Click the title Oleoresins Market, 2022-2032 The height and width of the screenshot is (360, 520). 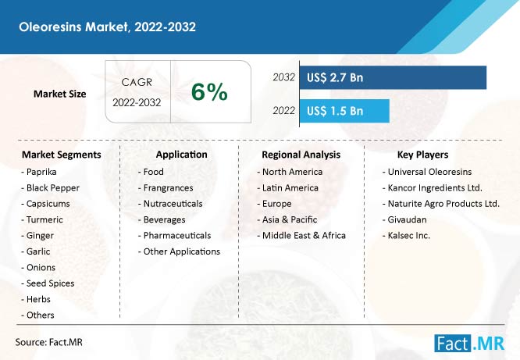tap(107, 27)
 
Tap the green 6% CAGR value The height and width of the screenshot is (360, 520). tap(209, 91)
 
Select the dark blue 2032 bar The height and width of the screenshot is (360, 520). tap(393, 77)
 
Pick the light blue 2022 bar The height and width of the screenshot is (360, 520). tap(344, 111)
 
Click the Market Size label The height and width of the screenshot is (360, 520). tap(59, 94)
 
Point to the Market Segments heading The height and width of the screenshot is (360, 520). tap(62, 155)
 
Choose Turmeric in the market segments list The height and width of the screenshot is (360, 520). tap(42, 219)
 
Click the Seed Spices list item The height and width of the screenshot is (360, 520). tap(48, 283)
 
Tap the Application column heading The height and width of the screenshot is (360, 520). tap(181, 155)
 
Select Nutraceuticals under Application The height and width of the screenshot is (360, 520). tap(170, 204)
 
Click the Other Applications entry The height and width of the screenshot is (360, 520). tap(179, 251)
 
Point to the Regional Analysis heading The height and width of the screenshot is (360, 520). tap(301, 155)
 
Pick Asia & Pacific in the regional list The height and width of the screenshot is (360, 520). tap(287, 219)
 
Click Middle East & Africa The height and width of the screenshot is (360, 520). tap(301, 236)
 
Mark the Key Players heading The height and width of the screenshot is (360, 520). tap(423, 155)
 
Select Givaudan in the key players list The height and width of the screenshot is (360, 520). tap(404, 219)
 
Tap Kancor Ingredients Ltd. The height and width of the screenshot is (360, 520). tap(433, 187)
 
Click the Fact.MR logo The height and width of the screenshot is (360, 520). tap(469, 344)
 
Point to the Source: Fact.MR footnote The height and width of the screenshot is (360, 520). tap(48, 342)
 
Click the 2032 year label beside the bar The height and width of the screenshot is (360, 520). tap(284, 77)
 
